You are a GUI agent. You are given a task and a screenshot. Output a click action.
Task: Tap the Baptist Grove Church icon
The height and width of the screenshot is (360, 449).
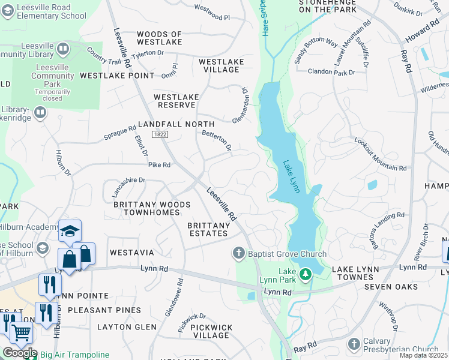(x=239, y=254)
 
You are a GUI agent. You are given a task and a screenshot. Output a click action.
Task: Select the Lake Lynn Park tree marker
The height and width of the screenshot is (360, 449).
(x=306, y=275)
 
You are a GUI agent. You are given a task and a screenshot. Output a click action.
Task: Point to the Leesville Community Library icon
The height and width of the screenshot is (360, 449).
(x=62, y=47)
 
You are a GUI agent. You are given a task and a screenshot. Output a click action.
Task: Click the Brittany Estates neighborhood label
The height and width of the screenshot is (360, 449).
(x=208, y=229)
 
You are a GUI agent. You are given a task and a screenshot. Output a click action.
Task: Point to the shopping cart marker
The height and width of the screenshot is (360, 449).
(x=22, y=332)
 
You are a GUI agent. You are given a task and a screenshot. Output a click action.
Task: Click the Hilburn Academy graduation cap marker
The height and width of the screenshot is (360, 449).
(x=70, y=231)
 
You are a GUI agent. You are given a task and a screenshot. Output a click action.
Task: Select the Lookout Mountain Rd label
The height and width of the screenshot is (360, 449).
(x=381, y=153)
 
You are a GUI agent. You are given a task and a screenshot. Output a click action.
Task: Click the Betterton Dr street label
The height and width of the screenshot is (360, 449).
(x=217, y=140)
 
